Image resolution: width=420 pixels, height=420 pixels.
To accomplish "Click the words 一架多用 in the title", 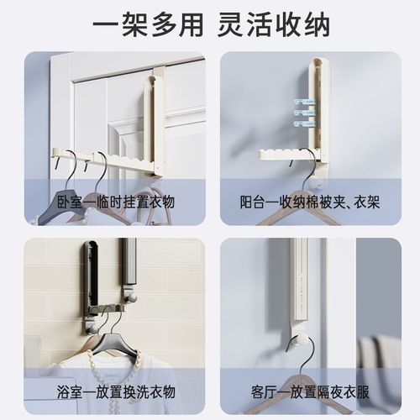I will (139, 23).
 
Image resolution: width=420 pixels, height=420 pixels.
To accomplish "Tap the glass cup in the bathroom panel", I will (34, 357).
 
